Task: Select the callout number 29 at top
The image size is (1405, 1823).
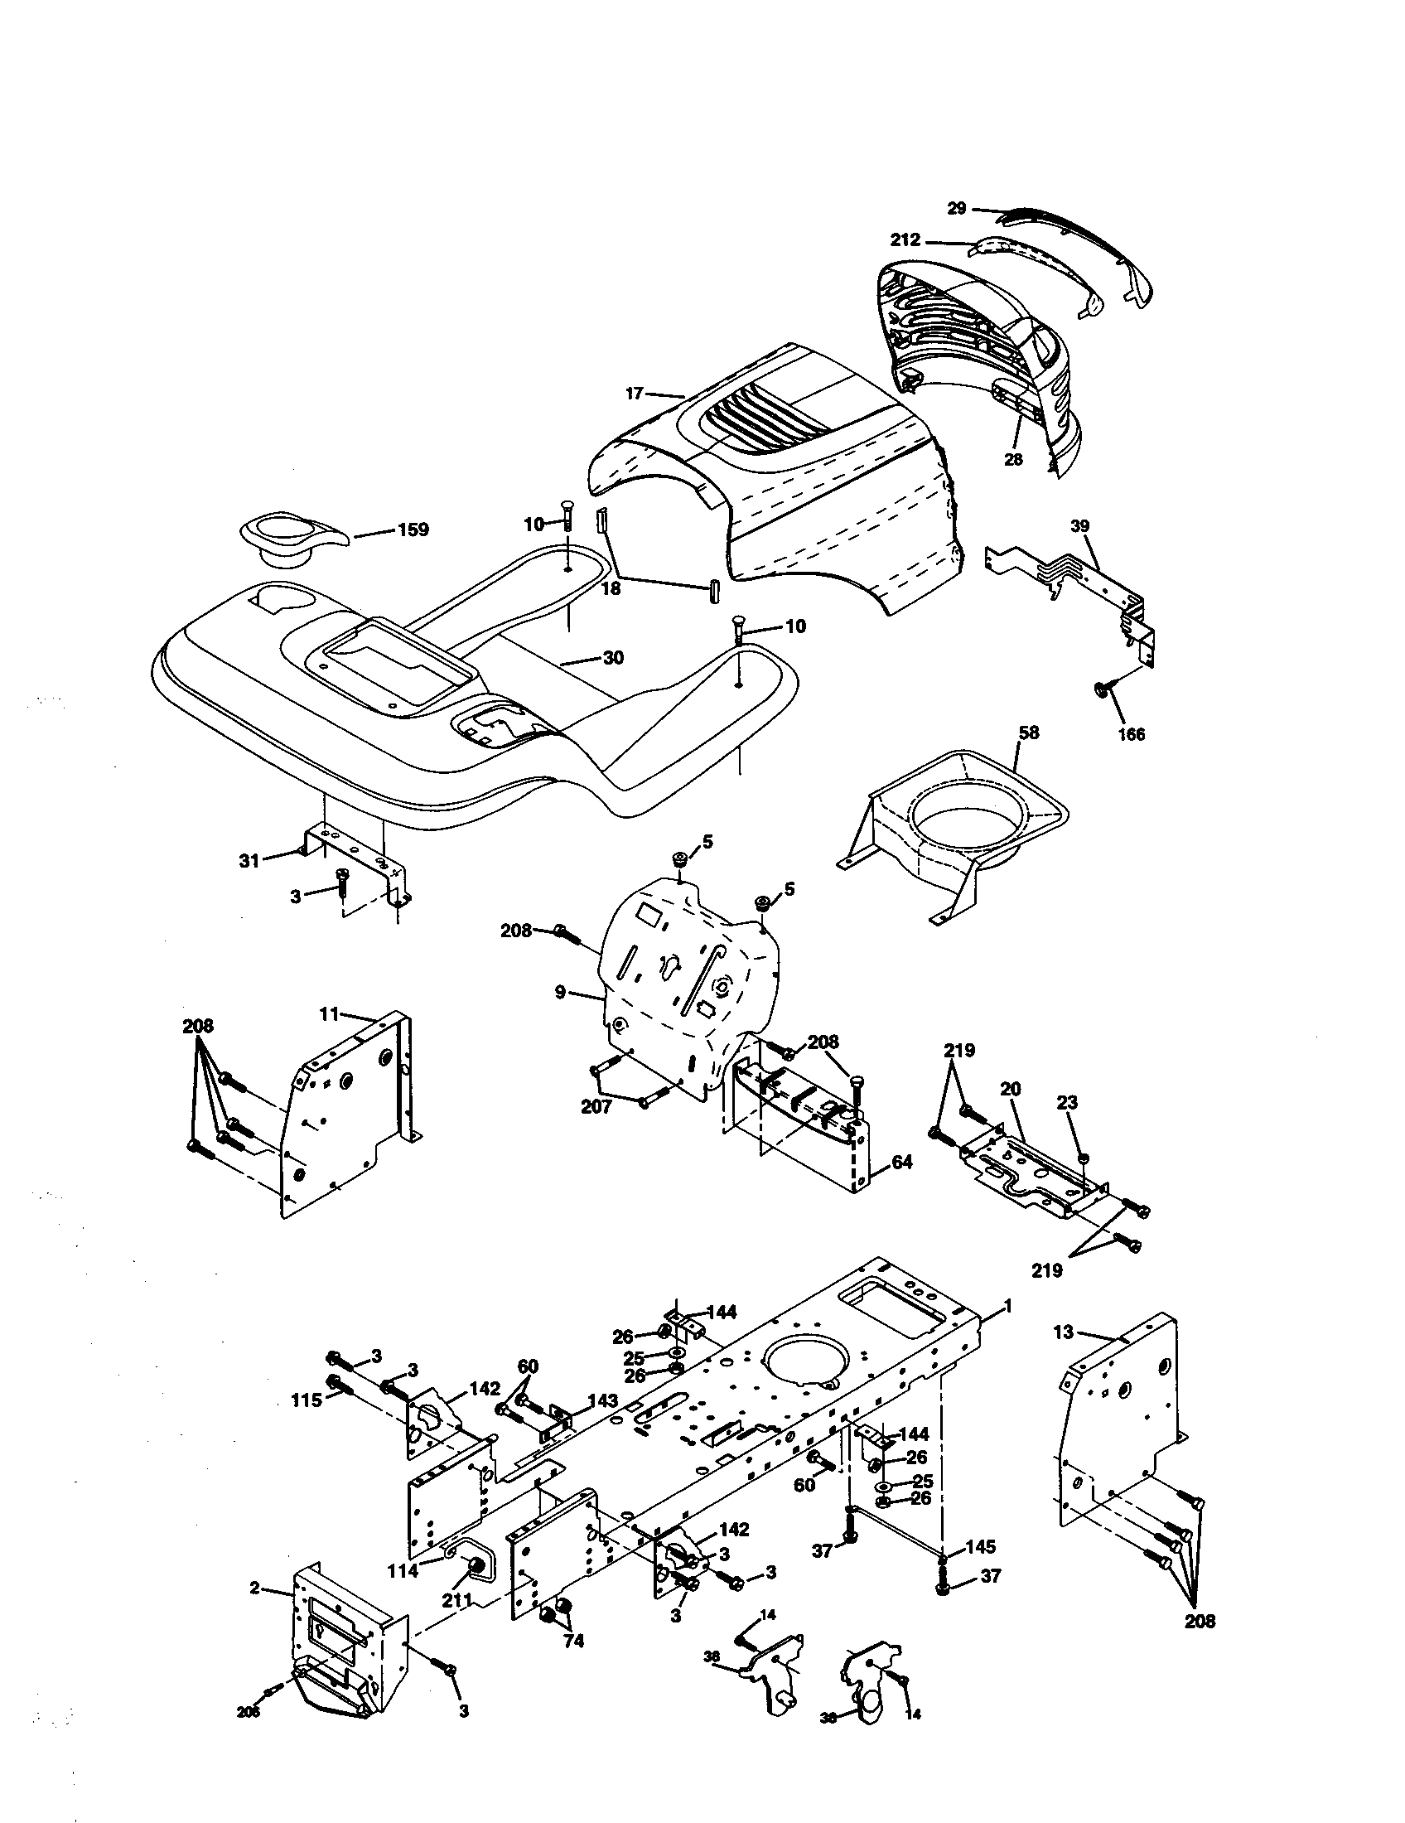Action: [957, 208]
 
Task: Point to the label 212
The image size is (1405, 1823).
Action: [905, 240]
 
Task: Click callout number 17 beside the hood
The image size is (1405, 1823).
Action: [635, 392]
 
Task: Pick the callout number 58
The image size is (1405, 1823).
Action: [1030, 732]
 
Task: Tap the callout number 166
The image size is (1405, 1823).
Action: [1132, 733]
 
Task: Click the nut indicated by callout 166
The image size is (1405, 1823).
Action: [1100, 689]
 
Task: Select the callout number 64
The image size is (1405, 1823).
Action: [901, 1161]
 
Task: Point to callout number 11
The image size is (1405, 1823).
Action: [329, 1014]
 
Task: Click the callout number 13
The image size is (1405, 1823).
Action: [1064, 1333]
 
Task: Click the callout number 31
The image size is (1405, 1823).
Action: [249, 861]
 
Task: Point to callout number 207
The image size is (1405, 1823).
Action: [596, 1107]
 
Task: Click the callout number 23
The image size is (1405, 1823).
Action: [1067, 1103]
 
